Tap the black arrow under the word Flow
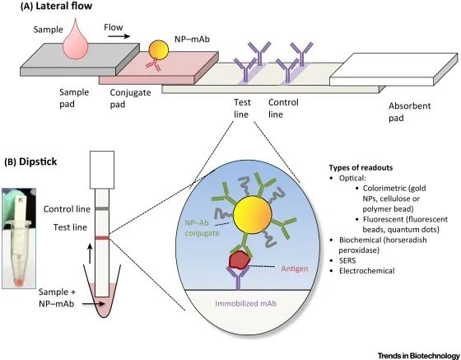tap(119, 36)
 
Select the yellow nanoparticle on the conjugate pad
tap(159, 49)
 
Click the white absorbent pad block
tap(393, 69)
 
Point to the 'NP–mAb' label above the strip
tap(193, 39)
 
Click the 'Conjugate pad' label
tap(130, 98)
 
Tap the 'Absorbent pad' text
tap(410, 112)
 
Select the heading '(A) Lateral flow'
tap(56, 7)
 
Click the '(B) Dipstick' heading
tap(30, 161)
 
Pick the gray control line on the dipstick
tap(102, 208)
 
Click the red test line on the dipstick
tap(102, 238)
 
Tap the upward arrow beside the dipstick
tap(90, 254)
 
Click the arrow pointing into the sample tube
tap(94, 304)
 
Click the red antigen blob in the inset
tap(239, 259)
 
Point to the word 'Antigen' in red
tap(295, 269)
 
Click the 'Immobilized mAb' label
tap(246, 303)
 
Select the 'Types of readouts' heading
tap(361, 168)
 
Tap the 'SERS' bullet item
tap(347, 260)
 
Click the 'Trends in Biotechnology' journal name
tap(418, 355)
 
